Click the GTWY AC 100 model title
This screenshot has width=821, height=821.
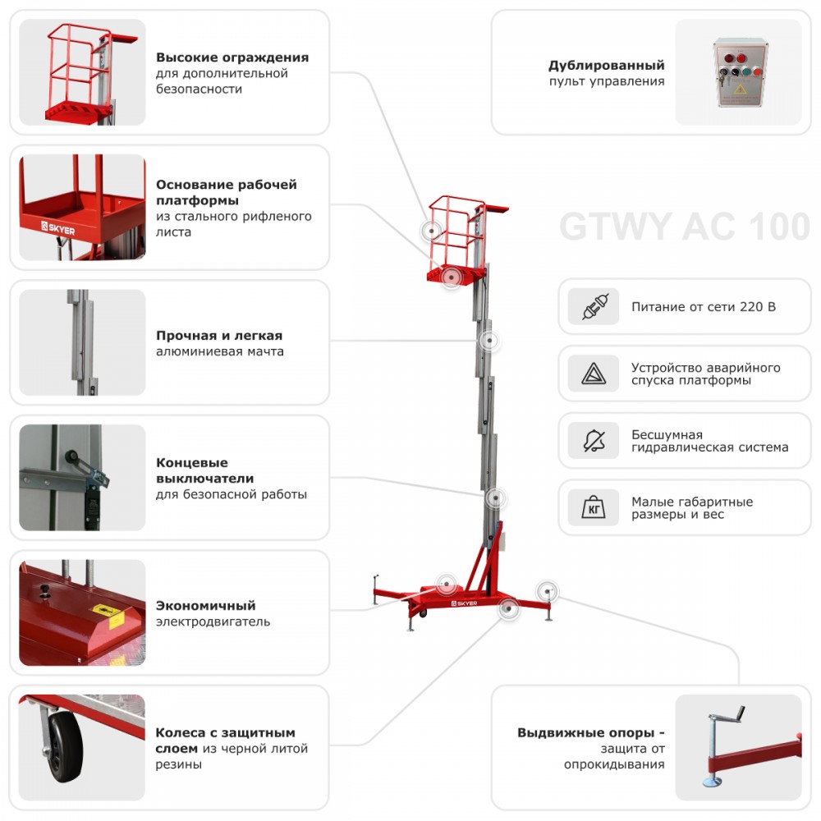685,227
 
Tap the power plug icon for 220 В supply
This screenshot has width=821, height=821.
593,307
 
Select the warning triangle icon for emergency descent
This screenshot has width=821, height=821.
593,374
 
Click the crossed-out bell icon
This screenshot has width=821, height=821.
593,442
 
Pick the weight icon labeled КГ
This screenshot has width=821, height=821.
593,508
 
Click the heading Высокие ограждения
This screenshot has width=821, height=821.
232,57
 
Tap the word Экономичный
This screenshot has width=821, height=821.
206,606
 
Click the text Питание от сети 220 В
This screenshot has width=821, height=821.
703,307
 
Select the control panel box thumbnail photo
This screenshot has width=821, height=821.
738,72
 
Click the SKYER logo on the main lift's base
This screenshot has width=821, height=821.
463,601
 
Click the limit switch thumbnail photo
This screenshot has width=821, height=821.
82,477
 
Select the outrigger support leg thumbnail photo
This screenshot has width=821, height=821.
737,747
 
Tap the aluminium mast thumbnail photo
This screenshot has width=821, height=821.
82,342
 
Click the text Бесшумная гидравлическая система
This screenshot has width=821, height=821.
709,441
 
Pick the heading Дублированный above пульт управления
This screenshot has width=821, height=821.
607,66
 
